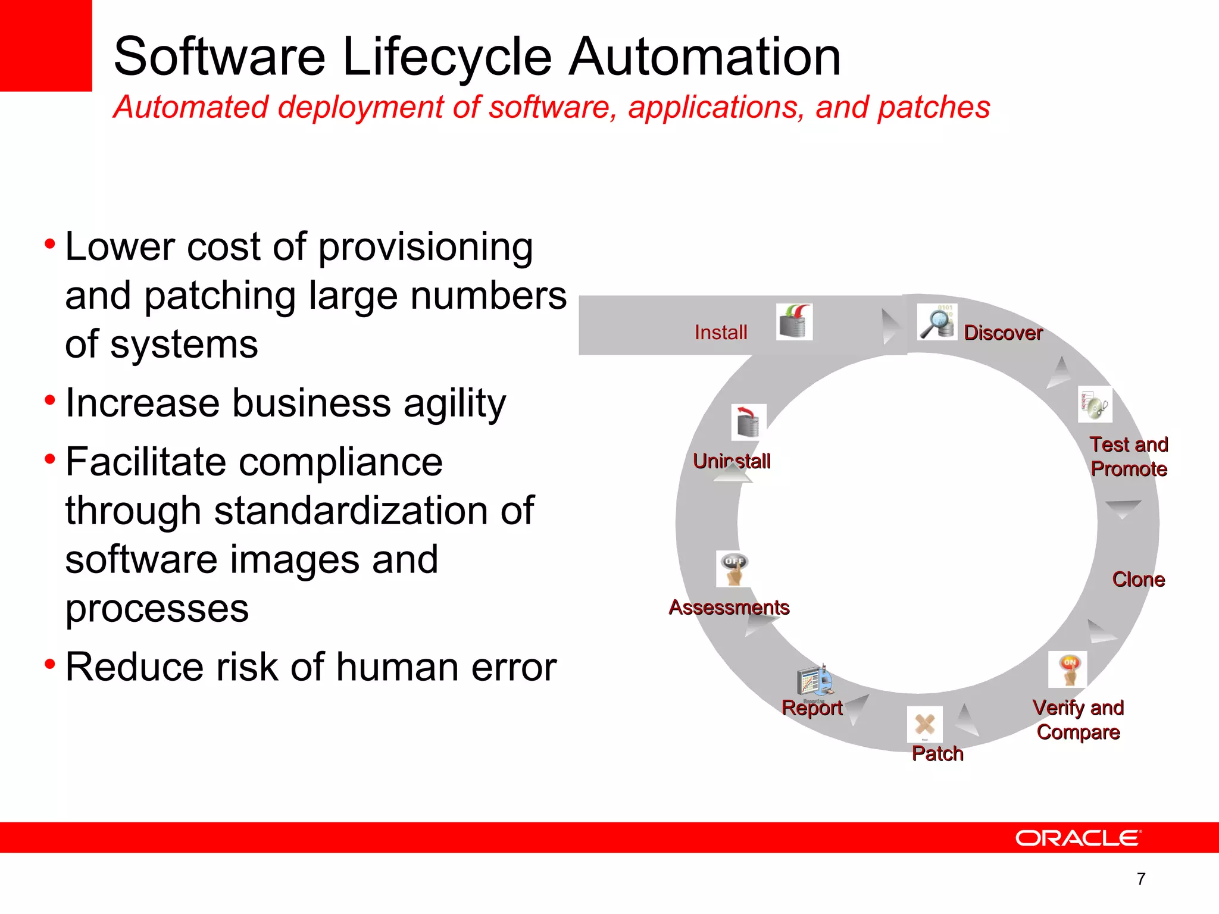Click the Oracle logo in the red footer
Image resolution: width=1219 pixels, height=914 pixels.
coord(1078,838)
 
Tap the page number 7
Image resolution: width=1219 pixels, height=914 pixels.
coord(1141,879)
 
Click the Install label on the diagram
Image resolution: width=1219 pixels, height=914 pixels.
coord(721,332)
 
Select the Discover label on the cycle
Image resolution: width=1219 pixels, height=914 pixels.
coord(1003,333)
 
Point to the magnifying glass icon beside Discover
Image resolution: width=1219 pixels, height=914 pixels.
coord(937,322)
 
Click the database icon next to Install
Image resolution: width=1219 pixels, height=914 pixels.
coord(794,322)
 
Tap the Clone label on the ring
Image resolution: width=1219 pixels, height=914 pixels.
coord(1138,580)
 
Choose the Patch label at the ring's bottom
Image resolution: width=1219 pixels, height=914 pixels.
coord(937,753)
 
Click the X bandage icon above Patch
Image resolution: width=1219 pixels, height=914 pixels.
coord(924,724)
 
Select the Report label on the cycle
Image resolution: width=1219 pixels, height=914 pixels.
coord(812,708)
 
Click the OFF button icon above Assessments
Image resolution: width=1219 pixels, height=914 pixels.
coord(734,569)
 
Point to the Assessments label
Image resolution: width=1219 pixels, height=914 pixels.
coord(729,607)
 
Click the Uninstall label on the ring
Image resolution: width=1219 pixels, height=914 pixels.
coord(732,461)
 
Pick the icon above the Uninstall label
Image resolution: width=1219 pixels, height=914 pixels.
coord(748,422)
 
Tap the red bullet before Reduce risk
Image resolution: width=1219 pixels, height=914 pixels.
coord(50,662)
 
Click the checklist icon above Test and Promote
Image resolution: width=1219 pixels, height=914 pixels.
coord(1095,405)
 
